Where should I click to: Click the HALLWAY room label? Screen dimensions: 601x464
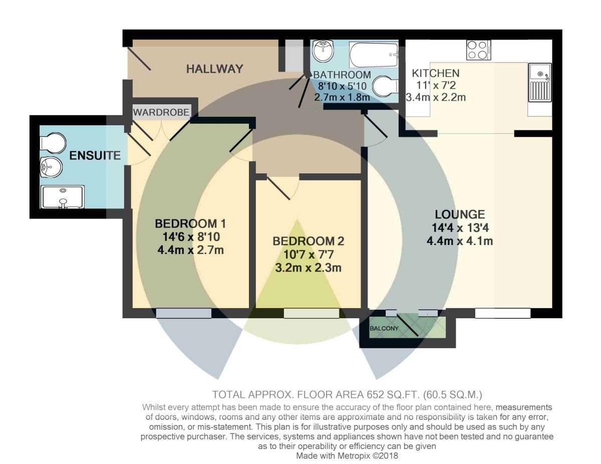pyautogui.click(x=215, y=69)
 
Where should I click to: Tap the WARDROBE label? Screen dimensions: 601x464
pyautogui.click(x=161, y=112)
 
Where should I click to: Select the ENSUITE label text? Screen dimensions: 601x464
pyautogui.click(x=95, y=155)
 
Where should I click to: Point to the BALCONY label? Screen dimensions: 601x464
pyautogui.click(x=384, y=328)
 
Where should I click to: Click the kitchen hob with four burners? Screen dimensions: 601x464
pyautogui.click(x=478, y=50)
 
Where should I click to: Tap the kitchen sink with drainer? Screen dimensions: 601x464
pyautogui.click(x=540, y=82)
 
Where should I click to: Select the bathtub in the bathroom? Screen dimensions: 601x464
pyautogui.click(x=374, y=55)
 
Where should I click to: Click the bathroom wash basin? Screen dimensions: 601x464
pyautogui.click(x=324, y=52)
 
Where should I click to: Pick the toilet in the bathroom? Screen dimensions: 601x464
pyautogui.click(x=385, y=86)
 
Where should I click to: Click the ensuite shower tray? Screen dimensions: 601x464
pyautogui.click(x=63, y=197)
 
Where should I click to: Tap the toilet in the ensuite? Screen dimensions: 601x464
pyautogui.click(x=53, y=143)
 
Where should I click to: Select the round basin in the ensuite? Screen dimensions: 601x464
pyautogui.click(x=51, y=167)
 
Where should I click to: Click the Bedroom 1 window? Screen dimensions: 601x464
pyautogui.click(x=184, y=313)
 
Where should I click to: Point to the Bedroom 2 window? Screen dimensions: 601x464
pyautogui.click(x=312, y=313)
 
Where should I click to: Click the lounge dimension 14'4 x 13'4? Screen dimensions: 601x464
pyautogui.click(x=460, y=227)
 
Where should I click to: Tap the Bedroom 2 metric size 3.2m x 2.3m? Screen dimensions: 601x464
pyautogui.click(x=309, y=268)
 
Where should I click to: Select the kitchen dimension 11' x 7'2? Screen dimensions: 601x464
pyautogui.click(x=436, y=85)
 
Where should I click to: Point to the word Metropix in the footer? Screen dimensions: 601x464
pyautogui.click(x=354, y=455)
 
